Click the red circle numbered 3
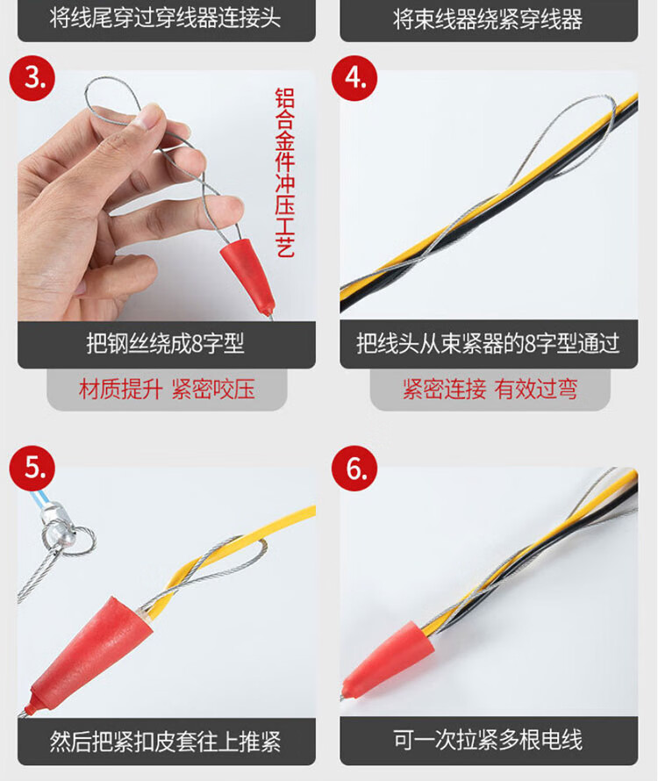tap(32, 78)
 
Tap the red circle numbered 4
tap(354, 78)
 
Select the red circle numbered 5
tap(32, 469)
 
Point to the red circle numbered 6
tap(354, 469)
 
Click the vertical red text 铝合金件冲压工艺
tap(285, 172)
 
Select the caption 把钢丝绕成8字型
tap(165, 343)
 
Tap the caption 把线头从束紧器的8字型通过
tap(488, 343)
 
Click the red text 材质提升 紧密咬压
tap(167, 389)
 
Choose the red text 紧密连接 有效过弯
tap(490, 389)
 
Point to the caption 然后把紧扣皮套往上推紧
tap(165, 742)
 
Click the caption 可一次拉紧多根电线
tap(488, 740)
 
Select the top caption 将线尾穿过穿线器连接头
tap(165, 18)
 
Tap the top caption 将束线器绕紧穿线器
tap(488, 20)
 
